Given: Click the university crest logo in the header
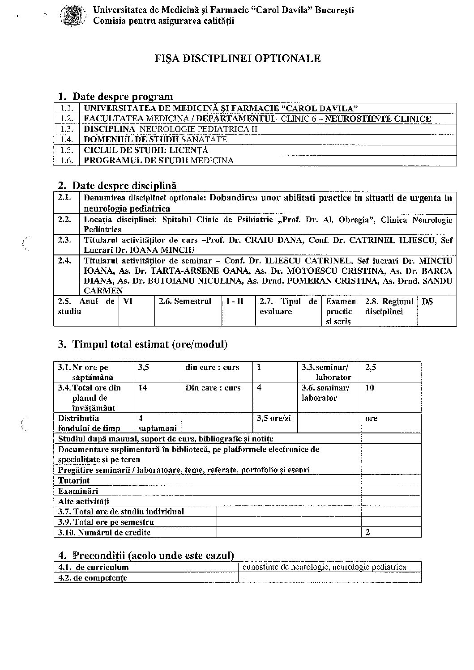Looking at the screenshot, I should [73, 15].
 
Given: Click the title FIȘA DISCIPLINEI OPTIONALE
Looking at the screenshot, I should [237, 59].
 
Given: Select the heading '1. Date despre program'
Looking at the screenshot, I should [115, 97].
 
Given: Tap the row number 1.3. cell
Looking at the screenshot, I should [67, 129].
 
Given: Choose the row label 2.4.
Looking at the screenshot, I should [64, 261].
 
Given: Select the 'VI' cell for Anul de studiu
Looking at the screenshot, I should [128, 302].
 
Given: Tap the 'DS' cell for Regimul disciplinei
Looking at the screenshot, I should [427, 302].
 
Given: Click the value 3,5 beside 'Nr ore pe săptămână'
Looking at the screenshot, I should [144, 368].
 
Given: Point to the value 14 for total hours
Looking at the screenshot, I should [142, 388].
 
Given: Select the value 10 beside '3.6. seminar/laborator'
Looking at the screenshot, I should [370, 388].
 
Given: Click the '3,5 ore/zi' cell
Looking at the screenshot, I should [273, 419].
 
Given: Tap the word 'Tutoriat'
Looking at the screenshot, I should [74, 481].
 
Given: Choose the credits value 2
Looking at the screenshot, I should [368, 533].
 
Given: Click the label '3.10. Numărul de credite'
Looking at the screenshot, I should [104, 533].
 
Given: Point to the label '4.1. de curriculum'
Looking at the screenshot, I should [94, 568].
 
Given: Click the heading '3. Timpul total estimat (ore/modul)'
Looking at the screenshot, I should [143, 345].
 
